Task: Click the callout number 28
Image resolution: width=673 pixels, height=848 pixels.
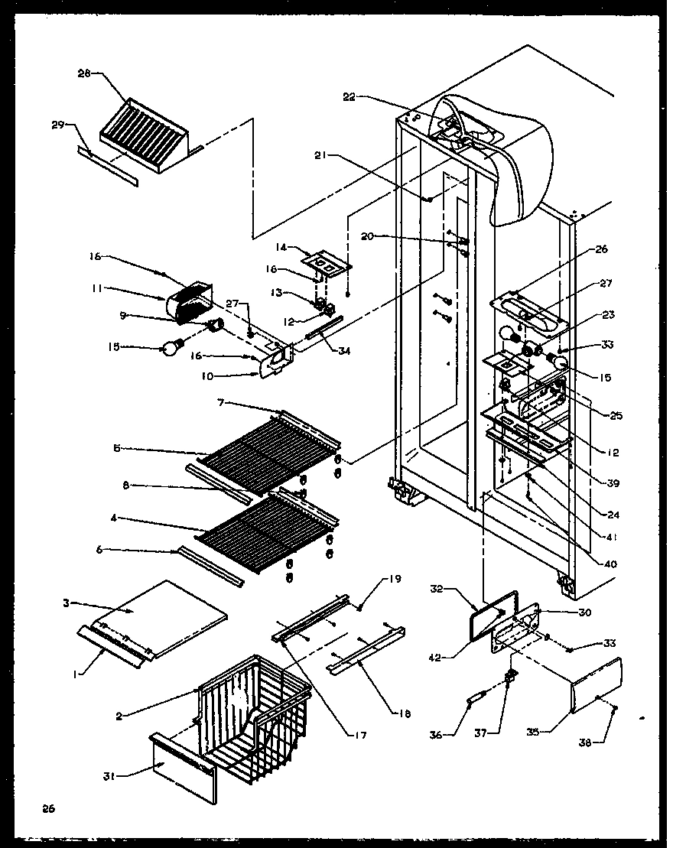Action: tap(83, 73)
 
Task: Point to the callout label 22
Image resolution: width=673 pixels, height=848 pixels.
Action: tap(349, 97)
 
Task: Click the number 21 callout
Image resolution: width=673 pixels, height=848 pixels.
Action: tap(320, 156)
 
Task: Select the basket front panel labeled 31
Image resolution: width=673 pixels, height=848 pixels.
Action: tap(182, 768)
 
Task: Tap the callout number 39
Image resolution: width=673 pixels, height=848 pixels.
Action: tap(613, 482)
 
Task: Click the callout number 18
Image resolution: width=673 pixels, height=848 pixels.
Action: tap(405, 713)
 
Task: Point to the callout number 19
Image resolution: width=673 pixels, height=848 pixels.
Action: tap(395, 579)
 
